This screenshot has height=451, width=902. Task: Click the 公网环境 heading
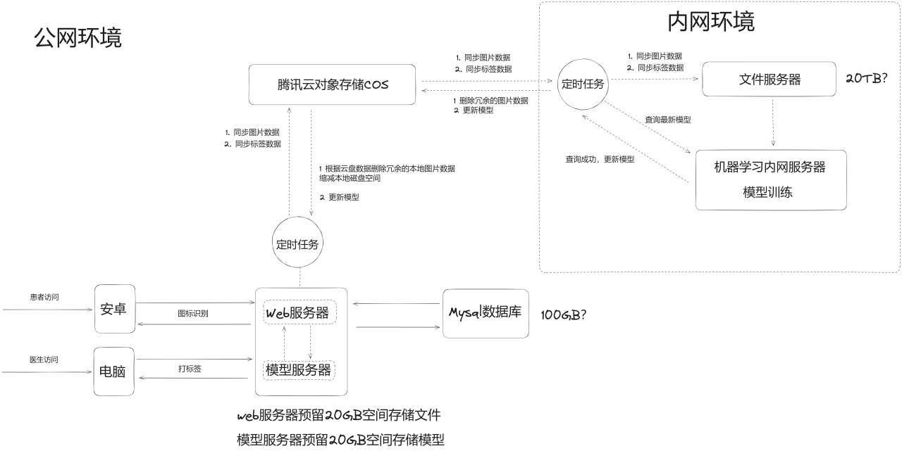pyautogui.click(x=78, y=38)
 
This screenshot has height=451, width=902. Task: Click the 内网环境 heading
pyautogui.click(x=710, y=22)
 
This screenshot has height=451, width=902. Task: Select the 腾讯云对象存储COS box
pyautogui.click(x=333, y=85)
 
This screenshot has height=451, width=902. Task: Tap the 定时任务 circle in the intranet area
pyautogui.click(x=583, y=84)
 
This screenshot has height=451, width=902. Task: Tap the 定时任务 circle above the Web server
pyautogui.click(x=297, y=244)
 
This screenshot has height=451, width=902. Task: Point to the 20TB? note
pyautogui.click(x=866, y=78)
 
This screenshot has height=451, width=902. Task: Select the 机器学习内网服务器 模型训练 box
pyautogui.click(x=770, y=179)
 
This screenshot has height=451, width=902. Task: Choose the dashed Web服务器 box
pyautogui.click(x=299, y=313)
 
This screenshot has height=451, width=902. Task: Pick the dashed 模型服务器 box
pyautogui.click(x=299, y=369)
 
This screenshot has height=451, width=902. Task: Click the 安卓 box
pyautogui.click(x=114, y=309)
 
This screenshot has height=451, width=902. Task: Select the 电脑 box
pyautogui.click(x=114, y=371)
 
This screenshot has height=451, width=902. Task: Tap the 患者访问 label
pyautogui.click(x=44, y=298)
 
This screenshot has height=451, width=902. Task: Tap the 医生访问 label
pyautogui.click(x=44, y=360)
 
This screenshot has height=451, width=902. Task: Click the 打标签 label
pyautogui.click(x=190, y=369)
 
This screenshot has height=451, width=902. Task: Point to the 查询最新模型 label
pyautogui.click(x=667, y=120)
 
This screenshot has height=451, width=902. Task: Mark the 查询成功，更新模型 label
pyautogui.click(x=599, y=160)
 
